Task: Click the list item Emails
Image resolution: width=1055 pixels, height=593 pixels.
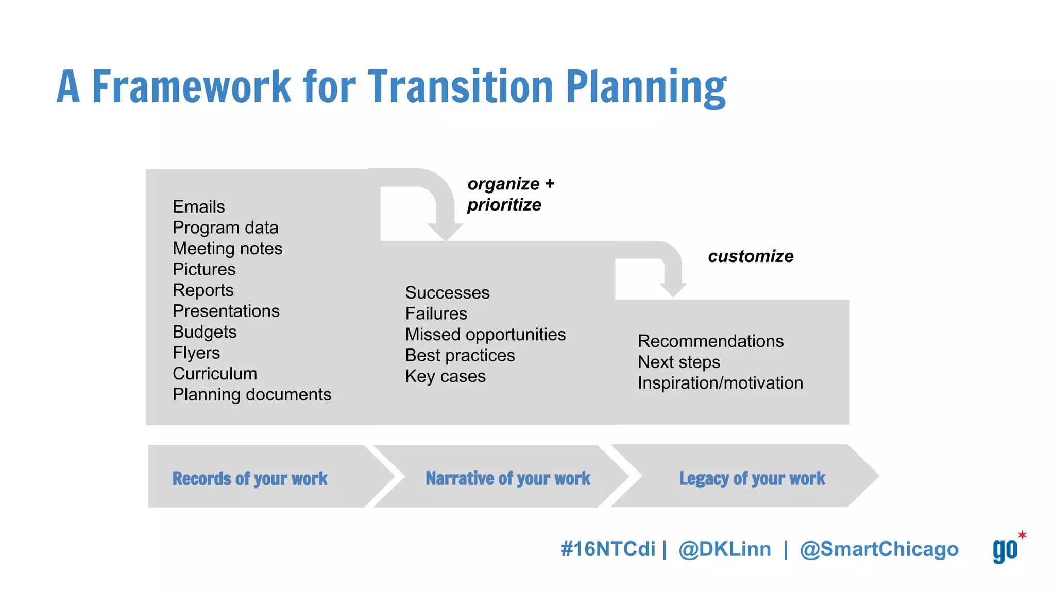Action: point(199,207)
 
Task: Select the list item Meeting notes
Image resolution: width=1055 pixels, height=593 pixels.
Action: point(227,249)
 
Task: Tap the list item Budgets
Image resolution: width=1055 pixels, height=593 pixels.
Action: point(205,332)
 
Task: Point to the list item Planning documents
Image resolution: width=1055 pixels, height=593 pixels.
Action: point(251,395)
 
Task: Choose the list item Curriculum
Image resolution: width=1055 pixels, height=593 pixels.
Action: point(215,374)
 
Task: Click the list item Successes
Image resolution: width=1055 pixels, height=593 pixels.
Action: point(447,293)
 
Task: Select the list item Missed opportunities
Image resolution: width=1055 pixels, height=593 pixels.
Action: point(485,335)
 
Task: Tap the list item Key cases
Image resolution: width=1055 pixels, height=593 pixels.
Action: point(445,376)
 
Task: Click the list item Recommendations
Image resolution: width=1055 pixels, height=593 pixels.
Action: point(710,341)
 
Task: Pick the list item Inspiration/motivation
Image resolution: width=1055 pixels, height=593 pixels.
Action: point(720,383)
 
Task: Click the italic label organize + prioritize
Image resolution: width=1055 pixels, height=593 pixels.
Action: point(510,194)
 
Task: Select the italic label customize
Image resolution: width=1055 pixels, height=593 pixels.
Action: point(751,256)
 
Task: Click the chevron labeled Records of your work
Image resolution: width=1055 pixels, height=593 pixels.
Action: point(250,478)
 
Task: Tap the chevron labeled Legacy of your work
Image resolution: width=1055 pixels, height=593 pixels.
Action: point(752,478)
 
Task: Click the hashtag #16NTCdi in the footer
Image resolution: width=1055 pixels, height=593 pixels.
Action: point(608,549)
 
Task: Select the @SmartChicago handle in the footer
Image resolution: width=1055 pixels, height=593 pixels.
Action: point(879,549)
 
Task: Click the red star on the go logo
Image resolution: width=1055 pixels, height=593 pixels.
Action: point(1022,535)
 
